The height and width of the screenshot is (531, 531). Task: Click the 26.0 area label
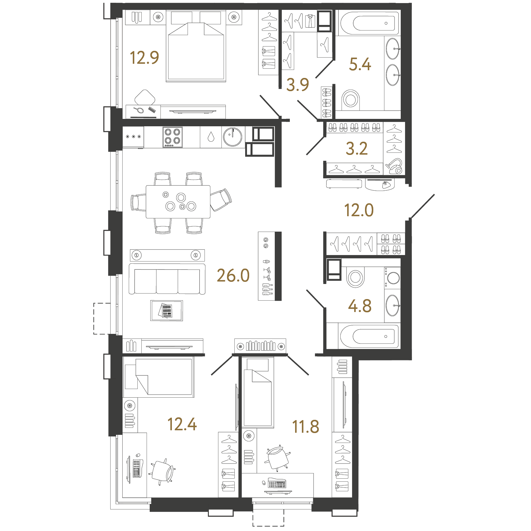tap(233, 275)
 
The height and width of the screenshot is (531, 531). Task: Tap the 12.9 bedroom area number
tap(144, 58)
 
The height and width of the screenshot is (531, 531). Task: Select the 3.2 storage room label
tap(357, 148)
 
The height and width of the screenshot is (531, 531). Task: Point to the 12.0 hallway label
tap(359, 210)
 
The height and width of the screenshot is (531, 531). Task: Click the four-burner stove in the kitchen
tap(172, 137)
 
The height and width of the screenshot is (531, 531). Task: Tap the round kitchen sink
tap(233, 137)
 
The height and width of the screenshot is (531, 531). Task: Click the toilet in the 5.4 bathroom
tap(351, 99)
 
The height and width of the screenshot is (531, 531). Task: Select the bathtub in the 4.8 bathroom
tap(369, 336)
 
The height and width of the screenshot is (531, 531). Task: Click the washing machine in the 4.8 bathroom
tap(393, 278)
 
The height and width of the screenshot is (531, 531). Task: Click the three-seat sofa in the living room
tap(167, 279)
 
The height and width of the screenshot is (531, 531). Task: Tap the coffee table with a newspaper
tap(167, 310)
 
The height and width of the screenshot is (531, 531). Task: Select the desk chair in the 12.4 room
tap(163, 471)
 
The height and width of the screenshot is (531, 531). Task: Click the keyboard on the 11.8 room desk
tap(277, 484)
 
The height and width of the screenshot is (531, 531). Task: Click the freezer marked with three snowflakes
tap(133, 137)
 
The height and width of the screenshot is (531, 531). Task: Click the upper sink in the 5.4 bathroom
tap(393, 49)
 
